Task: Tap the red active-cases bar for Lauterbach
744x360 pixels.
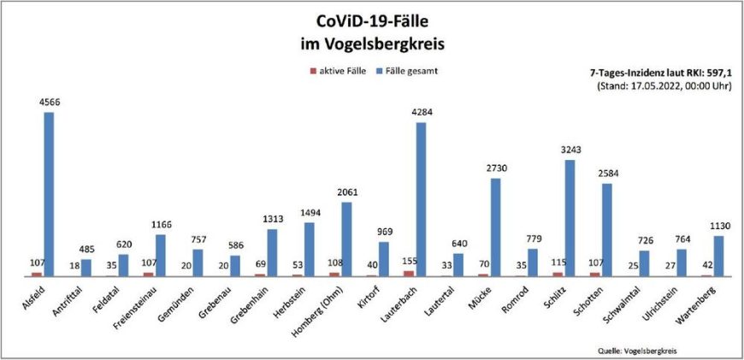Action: pyautogui.click(x=408, y=273)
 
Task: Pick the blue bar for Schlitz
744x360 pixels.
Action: pyautogui.click(x=569, y=218)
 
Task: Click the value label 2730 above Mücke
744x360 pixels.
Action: pyautogui.click(x=495, y=169)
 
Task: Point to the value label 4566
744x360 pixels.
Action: pyautogui.click(x=50, y=103)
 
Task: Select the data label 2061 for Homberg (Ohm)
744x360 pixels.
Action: pyautogui.click(x=346, y=193)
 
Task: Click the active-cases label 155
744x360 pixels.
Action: pyautogui.click(x=408, y=262)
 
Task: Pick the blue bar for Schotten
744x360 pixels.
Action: pyautogui.click(x=606, y=230)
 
